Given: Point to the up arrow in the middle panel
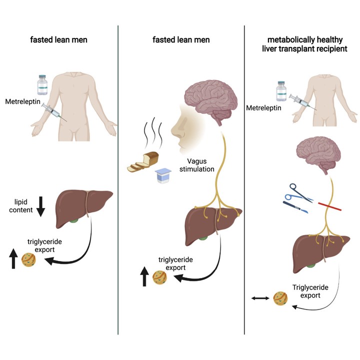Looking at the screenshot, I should click(144, 276).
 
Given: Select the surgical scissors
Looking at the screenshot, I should click(300, 193).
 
